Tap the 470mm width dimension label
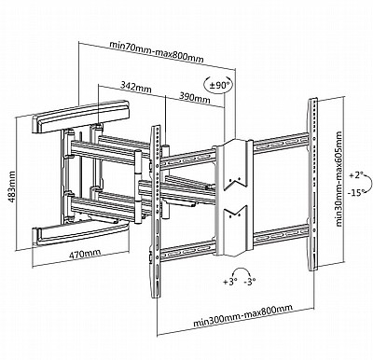[85, 254]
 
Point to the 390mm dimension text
[195, 97]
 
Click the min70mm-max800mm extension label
[157, 51]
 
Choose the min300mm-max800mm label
[243, 315]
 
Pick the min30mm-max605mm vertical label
[338, 179]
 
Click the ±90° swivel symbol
[219, 85]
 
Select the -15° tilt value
[356, 193]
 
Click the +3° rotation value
[230, 282]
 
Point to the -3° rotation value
[250, 282]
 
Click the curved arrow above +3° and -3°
[240, 269]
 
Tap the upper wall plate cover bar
[80, 117]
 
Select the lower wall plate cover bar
[81, 234]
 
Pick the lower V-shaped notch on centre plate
[235, 212]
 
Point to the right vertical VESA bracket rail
[313, 185]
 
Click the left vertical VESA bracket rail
[157, 212]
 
